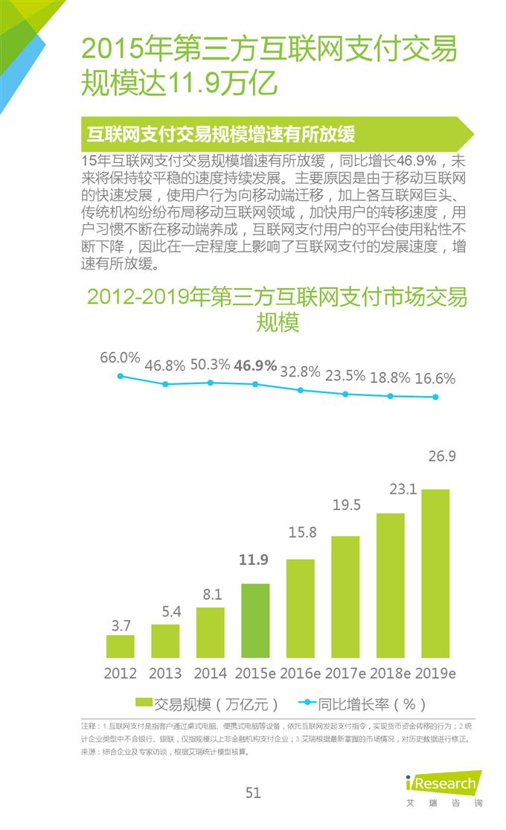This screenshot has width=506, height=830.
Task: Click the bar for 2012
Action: click(x=120, y=646)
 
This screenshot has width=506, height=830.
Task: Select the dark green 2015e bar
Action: click(x=255, y=620)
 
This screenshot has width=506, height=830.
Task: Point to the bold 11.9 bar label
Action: click(x=254, y=561)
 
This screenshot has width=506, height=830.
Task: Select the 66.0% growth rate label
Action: click(x=120, y=357)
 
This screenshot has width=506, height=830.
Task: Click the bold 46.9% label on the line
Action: click(x=255, y=365)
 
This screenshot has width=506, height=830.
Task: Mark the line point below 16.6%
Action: click(x=436, y=397)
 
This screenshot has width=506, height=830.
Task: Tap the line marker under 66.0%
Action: click(x=120, y=376)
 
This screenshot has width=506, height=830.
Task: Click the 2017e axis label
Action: click(x=345, y=673)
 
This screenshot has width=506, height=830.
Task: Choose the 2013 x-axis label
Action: click(x=165, y=673)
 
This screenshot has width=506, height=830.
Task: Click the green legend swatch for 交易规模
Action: click(x=143, y=702)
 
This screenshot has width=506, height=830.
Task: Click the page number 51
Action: click(x=253, y=793)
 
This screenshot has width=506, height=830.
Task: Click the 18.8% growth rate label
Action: click(x=390, y=377)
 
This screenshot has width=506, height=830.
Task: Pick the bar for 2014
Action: click(x=210, y=633)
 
